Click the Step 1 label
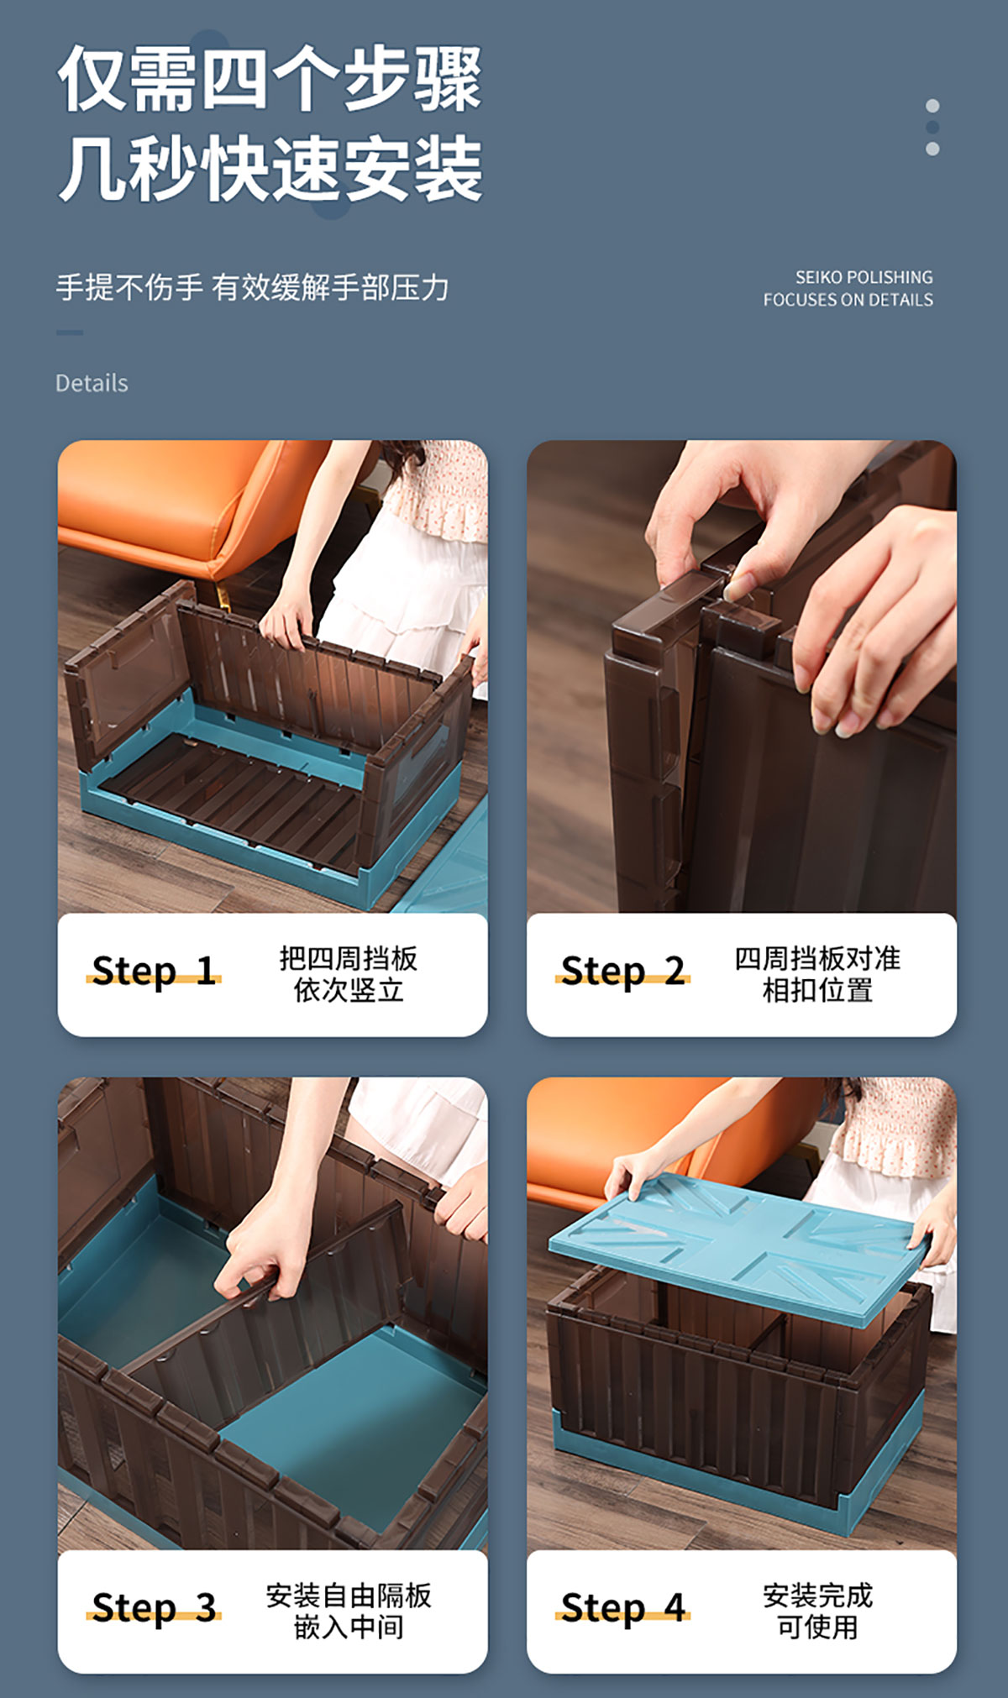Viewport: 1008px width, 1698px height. click(154, 971)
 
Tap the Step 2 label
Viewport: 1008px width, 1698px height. click(622, 971)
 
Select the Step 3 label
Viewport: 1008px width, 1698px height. click(154, 1608)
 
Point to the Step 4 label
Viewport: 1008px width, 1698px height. click(622, 1608)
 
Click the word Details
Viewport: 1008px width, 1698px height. click(92, 383)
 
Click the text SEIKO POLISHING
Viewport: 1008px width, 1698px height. click(864, 277)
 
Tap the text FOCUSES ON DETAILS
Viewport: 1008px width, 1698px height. click(848, 300)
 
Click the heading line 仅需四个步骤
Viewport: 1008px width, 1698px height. click(270, 78)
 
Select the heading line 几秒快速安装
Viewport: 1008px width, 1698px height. click(270, 169)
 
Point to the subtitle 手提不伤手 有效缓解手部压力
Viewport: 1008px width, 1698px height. click(253, 287)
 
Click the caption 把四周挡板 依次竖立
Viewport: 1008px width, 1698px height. click(349, 974)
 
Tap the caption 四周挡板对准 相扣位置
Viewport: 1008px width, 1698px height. click(817, 974)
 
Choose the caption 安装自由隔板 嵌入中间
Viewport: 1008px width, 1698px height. click(349, 1612)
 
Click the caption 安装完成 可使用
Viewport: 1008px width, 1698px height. click(817, 1612)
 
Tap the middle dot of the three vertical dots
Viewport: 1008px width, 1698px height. click(932, 127)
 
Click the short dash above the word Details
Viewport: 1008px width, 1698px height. click(70, 333)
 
